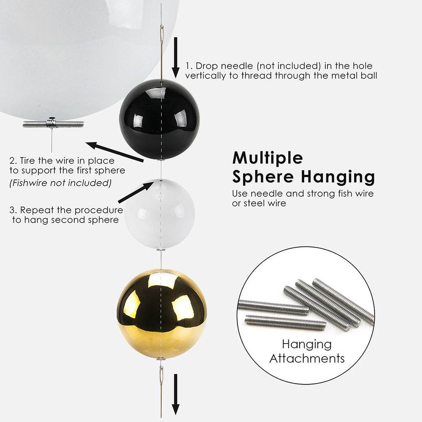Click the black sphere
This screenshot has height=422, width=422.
(x=160, y=119)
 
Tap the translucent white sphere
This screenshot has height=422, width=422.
(x=160, y=214)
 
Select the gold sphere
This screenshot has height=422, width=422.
(x=162, y=314)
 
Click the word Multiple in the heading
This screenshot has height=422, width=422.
(x=268, y=158)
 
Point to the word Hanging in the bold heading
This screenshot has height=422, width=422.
(x=338, y=178)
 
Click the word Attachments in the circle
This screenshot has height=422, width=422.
(x=307, y=358)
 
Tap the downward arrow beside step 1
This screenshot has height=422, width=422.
(x=176, y=57)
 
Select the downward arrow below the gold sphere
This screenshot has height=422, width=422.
(x=176, y=394)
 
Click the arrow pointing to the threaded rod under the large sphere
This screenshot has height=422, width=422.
(x=115, y=152)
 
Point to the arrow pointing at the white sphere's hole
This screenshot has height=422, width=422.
(x=136, y=192)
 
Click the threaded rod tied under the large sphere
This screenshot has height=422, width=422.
(x=53, y=124)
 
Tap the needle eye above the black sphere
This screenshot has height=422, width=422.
(x=162, y=34)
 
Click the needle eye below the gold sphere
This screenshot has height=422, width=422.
(x=162, y=376)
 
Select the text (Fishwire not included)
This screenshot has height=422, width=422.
(x=60, y=183)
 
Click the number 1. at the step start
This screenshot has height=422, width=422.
(x=189, y=66)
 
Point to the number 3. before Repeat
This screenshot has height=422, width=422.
(x=14, y=210)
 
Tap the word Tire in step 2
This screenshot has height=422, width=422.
(x=27, y=161)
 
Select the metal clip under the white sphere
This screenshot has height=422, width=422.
(x=161, y=250)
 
